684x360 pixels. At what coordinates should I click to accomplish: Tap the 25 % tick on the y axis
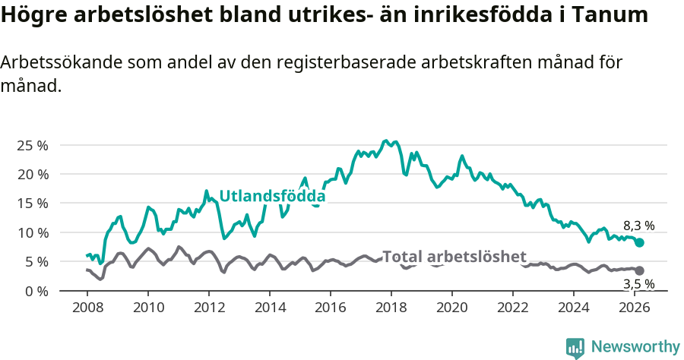tap(33, 145)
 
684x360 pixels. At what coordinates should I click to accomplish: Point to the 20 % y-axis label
tap(33, 174)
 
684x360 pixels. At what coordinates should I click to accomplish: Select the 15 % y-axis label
tap(33, 204)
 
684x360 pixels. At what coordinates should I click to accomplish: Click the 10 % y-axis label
tap(33, 232)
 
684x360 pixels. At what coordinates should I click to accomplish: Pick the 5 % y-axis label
tap(36, 261)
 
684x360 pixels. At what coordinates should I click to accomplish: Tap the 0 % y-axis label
tap(36, 291)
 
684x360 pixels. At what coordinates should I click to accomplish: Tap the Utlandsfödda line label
tap(272, 197)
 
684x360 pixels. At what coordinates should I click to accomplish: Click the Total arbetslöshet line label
tap(454, 257)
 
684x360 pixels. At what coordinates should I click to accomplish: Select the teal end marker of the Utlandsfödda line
tap(639, 242)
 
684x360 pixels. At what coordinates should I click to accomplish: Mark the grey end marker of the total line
tap(639, 270)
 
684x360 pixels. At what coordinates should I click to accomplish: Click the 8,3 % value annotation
tap(638, 226)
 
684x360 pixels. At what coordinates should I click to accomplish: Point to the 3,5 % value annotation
tap(638, 285)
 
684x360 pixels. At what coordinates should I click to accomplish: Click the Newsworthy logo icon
tap(575, 347)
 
